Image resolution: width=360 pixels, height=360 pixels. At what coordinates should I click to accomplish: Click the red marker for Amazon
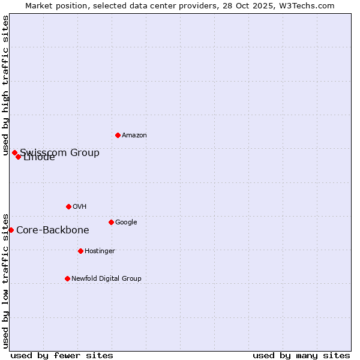click(x=118, y=135)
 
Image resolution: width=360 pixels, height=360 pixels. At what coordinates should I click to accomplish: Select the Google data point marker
click(x=111, y=222)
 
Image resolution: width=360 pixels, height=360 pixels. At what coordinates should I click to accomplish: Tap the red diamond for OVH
click(x=68, y=206)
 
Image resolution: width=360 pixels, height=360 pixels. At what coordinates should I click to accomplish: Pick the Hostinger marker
click(x=80, y=251)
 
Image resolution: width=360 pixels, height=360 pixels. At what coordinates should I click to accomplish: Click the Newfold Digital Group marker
click(x=67, y=278)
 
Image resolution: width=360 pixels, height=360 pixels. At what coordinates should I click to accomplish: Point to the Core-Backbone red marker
click(x=11, y=230)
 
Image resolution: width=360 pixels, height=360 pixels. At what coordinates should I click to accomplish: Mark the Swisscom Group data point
click(x=14, y=152)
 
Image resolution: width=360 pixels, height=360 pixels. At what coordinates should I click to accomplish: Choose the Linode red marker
click(x=19, y=157)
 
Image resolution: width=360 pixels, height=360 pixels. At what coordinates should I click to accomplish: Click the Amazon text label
click(x=134, y=136)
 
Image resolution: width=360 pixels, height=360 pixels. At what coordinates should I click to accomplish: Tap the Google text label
click(x=126, y=223)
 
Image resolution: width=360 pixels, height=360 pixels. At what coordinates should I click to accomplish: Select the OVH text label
click(x=80, y=207)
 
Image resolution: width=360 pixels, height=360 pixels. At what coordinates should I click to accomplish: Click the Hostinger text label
click(x=100, y=251)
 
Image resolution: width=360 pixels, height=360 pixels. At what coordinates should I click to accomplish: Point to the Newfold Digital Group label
click(x=107, y=279)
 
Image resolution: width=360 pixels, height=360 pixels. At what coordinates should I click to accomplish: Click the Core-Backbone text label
click(x=53, y=230)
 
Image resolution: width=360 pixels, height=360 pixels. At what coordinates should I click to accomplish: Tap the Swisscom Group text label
click(x=60, y=152)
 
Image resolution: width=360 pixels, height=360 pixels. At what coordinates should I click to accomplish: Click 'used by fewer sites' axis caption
click(x=62, y=355)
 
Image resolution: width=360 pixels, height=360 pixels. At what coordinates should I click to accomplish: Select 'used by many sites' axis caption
click(x=301, y=355)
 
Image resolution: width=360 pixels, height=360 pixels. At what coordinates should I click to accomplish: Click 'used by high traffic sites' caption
click(x=5, y=85)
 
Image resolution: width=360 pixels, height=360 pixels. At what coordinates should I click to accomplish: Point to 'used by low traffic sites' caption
click(x=5, y=281)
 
